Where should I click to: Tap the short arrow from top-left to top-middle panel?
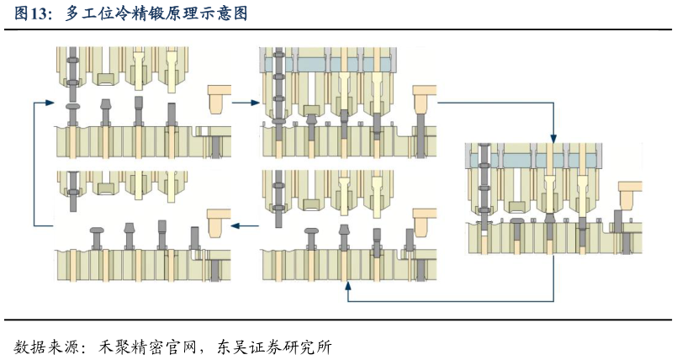pyautogui.click(x=245, y=103)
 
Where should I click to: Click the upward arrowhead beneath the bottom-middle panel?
pyautogui.click(x=348, y=288)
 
